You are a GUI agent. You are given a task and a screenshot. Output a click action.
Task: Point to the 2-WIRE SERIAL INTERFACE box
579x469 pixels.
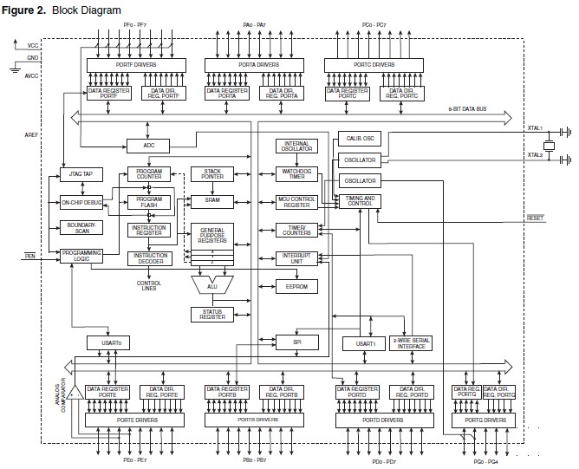[x=411, y=343]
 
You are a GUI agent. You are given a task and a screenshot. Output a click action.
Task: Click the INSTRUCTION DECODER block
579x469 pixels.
[x=149, y=257]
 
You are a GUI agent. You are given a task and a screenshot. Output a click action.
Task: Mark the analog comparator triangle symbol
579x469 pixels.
[x=76, y=393]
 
